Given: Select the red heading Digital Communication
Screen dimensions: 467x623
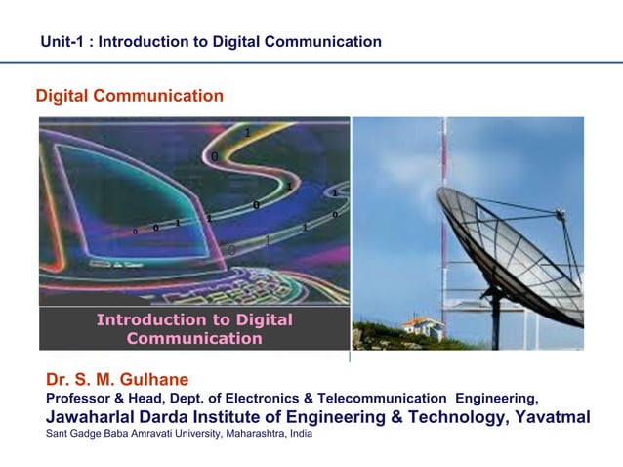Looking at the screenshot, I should tap(130, 96).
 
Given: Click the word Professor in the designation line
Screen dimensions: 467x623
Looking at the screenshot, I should tap(79, 399).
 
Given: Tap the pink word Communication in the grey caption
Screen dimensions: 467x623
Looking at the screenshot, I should tap(194, 339).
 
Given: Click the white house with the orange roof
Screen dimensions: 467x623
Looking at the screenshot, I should tap(423, 326).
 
